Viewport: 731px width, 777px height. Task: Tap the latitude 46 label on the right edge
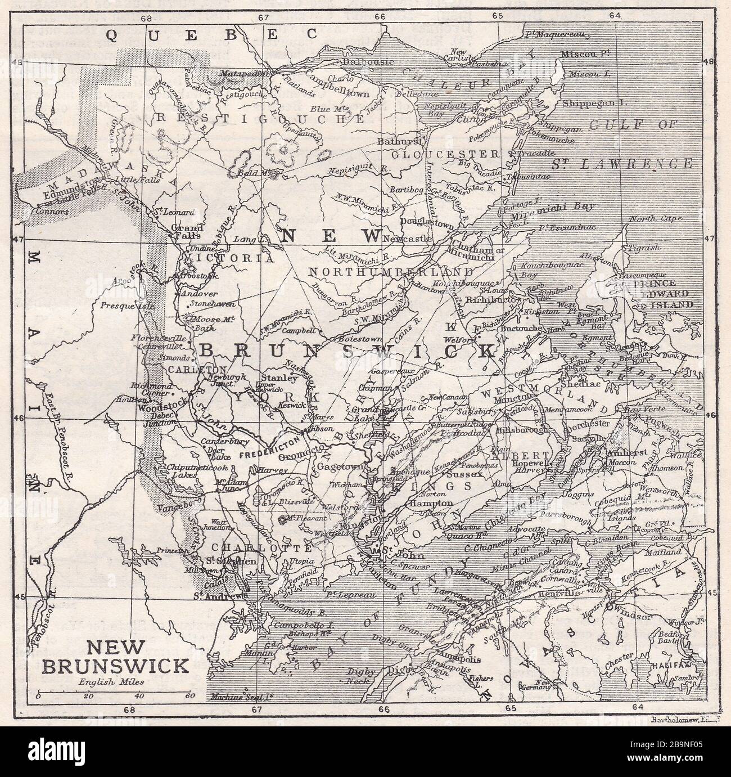click(x=710, y=416)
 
